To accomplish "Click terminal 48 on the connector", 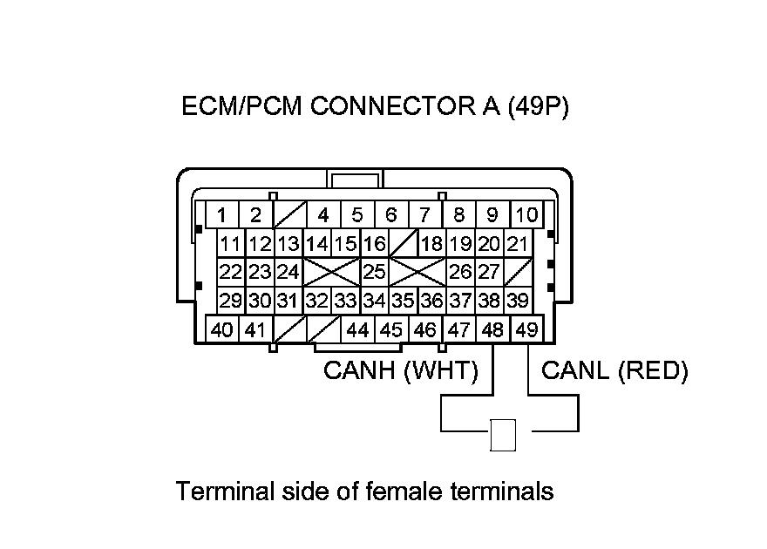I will click(x=493, y=330).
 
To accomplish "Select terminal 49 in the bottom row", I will click(x=526, y=330).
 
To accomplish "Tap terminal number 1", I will click(x=223, y=214).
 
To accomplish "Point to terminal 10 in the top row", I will click(x=526, y=214).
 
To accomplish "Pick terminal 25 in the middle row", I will click(x=375, y=272).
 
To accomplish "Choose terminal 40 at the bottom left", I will click(x=222, y=330).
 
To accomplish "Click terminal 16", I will click(x=375, y=243).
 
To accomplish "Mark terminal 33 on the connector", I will click(x=346, y=302).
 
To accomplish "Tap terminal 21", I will click(x=518, y=243).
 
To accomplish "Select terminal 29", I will click(x=231, y=302).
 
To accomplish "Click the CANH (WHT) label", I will click(x=401, y=371).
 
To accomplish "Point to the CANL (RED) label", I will click(x=614, y=371).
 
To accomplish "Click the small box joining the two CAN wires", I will click(x=504, y=435).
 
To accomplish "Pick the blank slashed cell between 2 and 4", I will click(x=288, y=214).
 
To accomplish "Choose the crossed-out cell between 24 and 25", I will click(x=331, y=272).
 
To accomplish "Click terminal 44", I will click(x=357, y=330).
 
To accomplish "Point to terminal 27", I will click(x=489, y=272).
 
